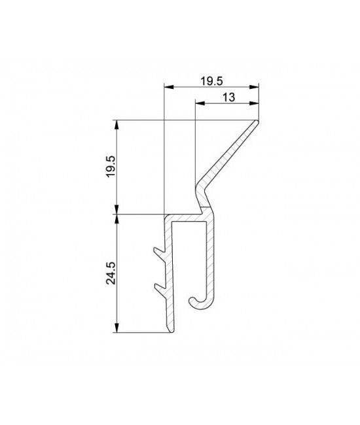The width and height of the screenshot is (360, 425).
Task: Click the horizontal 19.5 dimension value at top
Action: click(211, 81)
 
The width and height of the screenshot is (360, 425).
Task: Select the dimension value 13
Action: click(228, 97)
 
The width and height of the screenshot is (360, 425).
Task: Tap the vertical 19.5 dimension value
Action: click(111, 167)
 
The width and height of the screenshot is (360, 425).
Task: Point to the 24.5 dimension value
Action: click(111, 273)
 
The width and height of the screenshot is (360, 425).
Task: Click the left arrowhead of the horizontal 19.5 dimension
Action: click(169, 87)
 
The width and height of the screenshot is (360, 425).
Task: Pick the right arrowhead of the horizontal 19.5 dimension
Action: click(254, 87)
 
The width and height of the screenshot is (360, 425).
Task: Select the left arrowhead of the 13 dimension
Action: click(200, 103)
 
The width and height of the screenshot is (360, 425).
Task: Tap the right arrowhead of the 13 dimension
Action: click(254, 103)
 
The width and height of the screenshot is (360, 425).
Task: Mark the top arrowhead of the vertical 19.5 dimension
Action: click(117, 125)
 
